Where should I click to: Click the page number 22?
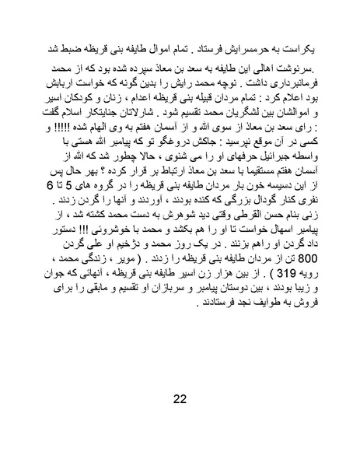pyautogui.click(x=180, y=399)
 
